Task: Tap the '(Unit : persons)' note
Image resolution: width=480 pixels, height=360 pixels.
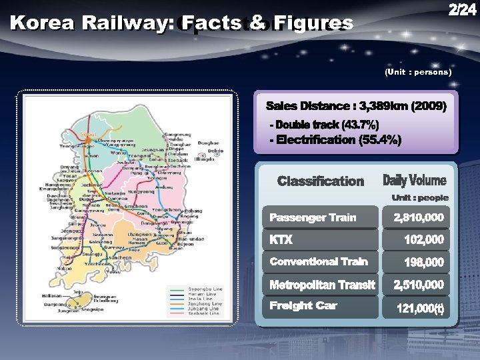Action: tap(418, 71)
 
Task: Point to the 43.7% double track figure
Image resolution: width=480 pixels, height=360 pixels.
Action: tap(359, 125)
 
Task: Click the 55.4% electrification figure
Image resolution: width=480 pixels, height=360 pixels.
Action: tap(379, 139)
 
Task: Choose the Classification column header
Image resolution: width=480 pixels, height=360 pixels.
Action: tap(321, 181)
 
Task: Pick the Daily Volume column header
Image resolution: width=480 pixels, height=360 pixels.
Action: tap(415, 181)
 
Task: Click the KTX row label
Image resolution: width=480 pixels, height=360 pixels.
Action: tap(281, 239)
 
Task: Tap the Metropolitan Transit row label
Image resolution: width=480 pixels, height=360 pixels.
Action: tap(322, 285)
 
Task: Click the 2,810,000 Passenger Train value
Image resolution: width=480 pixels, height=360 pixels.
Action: tap(419, 217)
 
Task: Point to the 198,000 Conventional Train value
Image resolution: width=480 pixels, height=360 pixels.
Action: tap(424, 262)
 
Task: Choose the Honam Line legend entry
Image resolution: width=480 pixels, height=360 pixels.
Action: tap(198, 294)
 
